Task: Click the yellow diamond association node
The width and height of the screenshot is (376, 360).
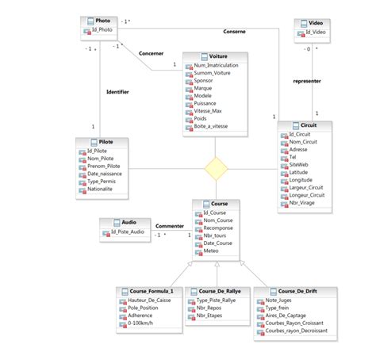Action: [216, 168]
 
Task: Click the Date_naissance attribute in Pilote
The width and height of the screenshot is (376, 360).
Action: [104, 174]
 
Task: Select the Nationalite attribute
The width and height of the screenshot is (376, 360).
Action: [101, 190]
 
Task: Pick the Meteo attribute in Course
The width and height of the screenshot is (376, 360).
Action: [211, 251]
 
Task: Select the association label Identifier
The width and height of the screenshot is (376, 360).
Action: [117, 91]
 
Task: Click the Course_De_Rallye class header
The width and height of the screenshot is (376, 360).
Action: [217, 290]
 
